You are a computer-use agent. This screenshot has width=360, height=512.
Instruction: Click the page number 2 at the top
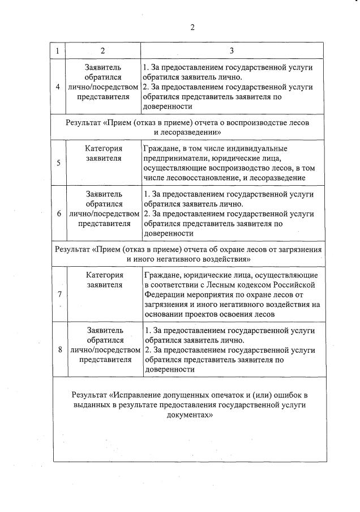click(192, 27)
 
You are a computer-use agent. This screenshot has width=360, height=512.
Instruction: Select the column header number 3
click(232, 50)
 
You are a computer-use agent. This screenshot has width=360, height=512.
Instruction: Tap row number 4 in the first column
click(59, 87)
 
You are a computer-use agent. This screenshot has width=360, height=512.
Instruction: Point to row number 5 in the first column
click(59, 163)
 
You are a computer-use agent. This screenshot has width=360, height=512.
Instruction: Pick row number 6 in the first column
click(59, 214)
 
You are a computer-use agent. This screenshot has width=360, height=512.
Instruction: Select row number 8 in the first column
click(59, 349)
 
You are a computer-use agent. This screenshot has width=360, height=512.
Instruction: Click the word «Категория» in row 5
click(104, 148)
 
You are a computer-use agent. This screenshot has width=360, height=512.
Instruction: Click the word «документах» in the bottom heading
click(188, 414)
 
